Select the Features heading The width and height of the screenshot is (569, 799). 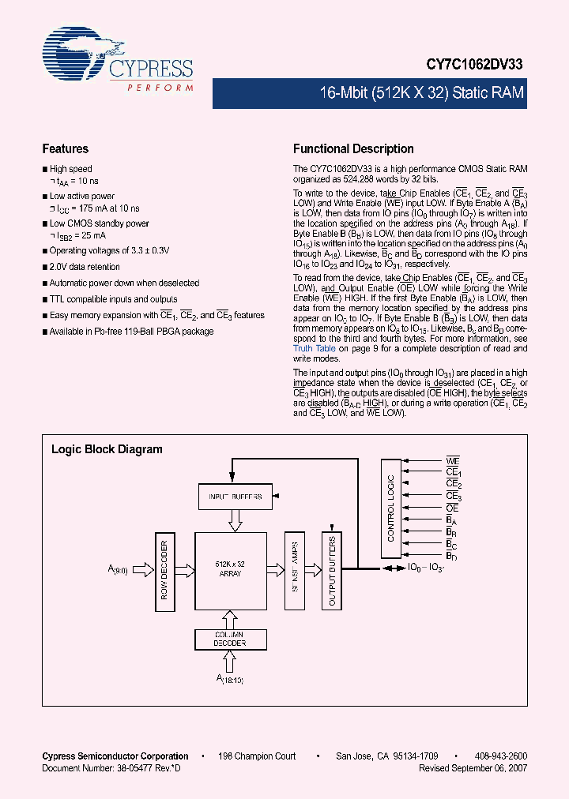click(65, 148)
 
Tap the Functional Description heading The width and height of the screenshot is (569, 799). click(353, 148)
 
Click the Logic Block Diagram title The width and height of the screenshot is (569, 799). click(107, 449)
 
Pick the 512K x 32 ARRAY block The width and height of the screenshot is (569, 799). click(229, 568)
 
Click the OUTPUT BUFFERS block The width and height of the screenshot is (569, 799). click(332, 569)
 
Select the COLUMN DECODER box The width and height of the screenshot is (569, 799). click(229, 639)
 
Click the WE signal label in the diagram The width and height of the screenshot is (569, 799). click(452, 460)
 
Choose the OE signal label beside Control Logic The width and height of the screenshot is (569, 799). click(452, 508)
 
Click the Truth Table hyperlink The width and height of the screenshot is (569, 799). click(315, 348)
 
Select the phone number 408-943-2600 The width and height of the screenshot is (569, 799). click(500, 756)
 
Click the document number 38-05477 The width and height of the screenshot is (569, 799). click(136, 767)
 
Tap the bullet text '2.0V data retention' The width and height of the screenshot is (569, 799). click(85, 267)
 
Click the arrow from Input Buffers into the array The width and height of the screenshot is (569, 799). click(236, 520)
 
